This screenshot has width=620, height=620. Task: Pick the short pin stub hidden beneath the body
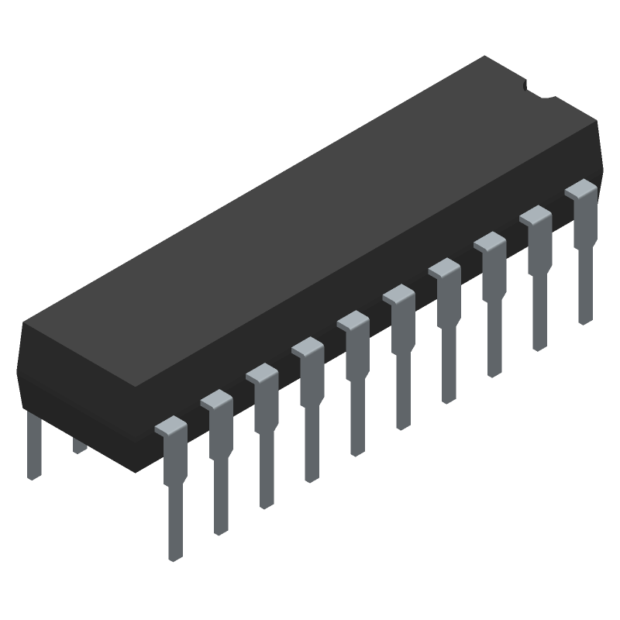pyautogui.click(x=78, y=446)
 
